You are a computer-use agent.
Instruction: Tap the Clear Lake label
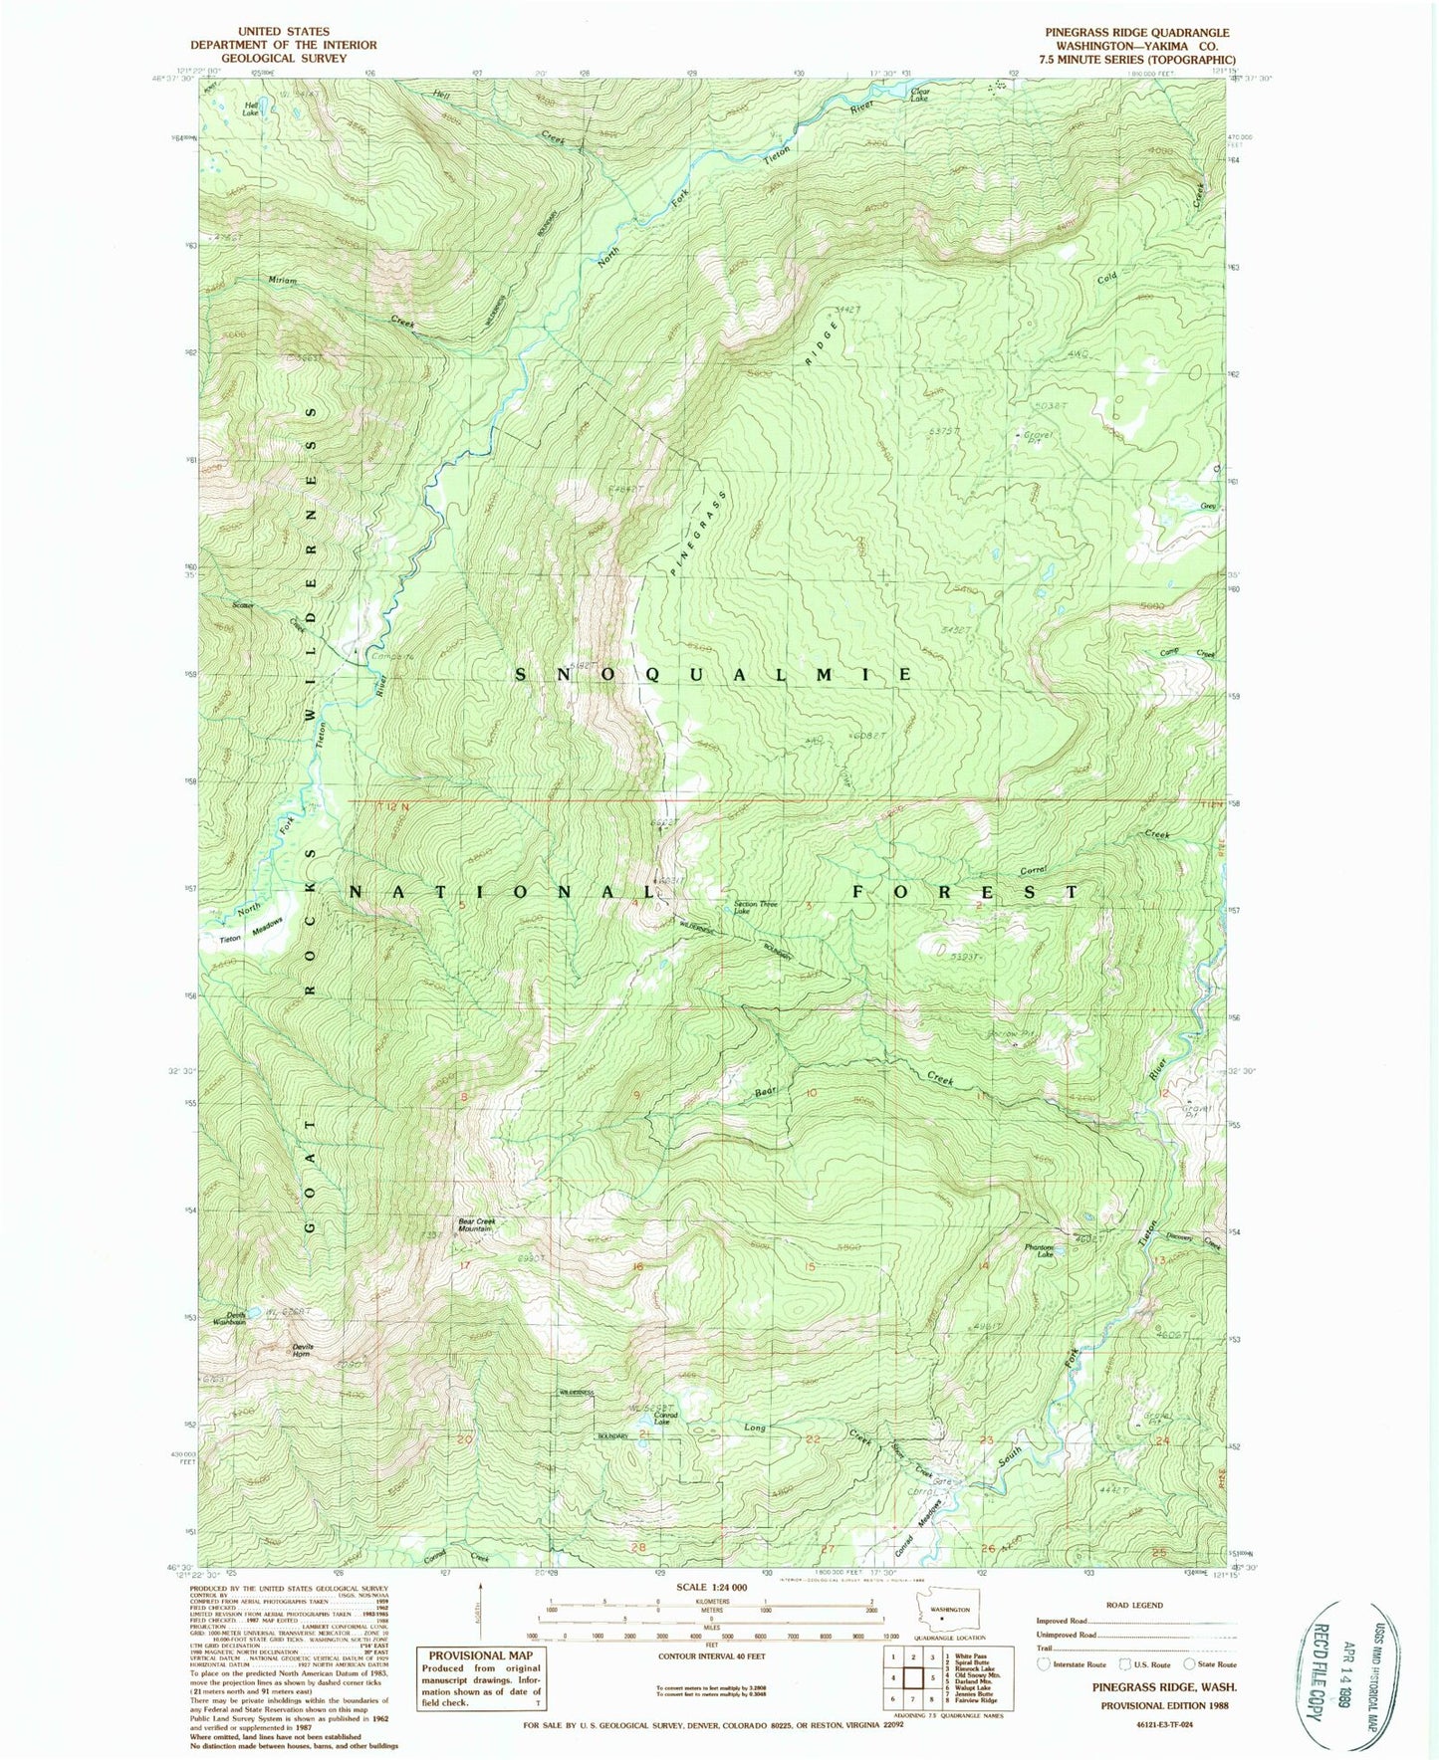tap(920, 94)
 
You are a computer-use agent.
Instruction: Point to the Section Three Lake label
tap(755, 907)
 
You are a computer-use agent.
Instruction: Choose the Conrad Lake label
tap(665, 1420)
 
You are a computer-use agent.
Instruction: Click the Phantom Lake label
tap(1039, 1250)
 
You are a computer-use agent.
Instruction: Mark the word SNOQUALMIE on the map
tap(713, 675)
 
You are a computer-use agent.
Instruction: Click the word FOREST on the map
tap(964, 893)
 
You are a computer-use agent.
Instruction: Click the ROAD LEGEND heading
tap(1133, 1605)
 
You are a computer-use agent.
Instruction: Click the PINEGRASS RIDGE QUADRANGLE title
tap(1136, 33)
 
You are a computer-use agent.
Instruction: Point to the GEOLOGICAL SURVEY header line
tap(284, 58)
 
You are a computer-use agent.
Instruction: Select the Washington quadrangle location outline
tap(948, 1609)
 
